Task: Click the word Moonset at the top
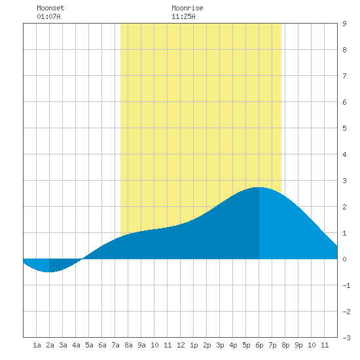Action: [50, 8]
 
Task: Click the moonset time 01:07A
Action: [48, 16]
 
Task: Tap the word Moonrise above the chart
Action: [187, 8]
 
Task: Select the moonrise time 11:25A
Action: [183, 16]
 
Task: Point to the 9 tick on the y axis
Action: [344, 24]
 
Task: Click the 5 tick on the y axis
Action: [344, 128]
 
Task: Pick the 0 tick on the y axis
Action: [344, 259]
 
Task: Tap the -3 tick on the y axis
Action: [346, 338]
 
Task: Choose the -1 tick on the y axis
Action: [346, 285]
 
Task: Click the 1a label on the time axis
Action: [37, 345]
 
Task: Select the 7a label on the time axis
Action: [115, 345]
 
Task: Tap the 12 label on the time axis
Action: [181, 345]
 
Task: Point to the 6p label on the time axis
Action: [259, 345]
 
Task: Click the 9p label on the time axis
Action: [298, 345]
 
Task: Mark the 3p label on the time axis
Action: [220, 345]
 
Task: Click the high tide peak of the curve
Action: [259, 187]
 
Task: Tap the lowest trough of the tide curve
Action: [49, 272]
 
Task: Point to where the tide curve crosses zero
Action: [82, 259]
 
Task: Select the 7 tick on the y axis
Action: [344, 76]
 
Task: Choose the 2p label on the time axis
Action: [207, 345]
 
